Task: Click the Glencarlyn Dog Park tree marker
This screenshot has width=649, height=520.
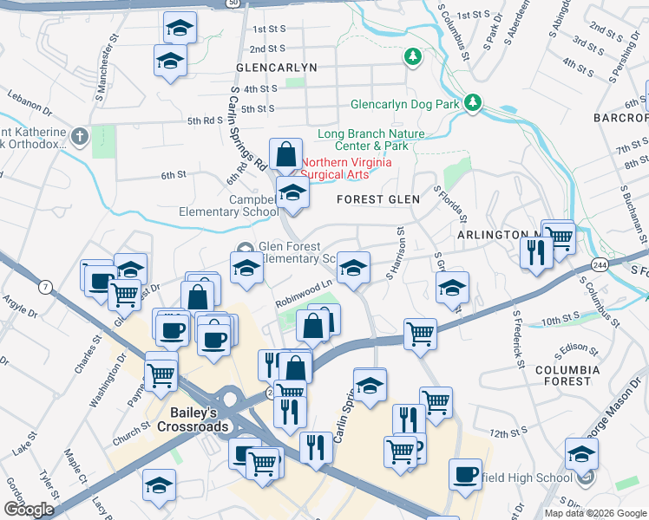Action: [473, 103]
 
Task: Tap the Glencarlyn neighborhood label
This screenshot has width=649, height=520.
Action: [276, 67]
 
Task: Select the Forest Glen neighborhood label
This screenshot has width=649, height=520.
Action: [378, 199]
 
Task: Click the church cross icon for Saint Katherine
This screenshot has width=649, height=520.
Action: [80, 136]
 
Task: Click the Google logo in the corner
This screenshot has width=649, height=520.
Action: [29, 509]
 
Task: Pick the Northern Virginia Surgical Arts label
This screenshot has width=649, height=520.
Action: [346, 168]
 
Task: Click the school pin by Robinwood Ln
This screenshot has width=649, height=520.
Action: [353, 268]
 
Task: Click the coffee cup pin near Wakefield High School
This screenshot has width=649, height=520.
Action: [465, 474]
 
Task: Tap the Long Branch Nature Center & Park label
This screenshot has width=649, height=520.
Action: [370, 140]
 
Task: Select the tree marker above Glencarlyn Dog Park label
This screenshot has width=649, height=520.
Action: [413, 58]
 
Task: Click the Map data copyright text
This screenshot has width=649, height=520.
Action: [594, 513]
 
